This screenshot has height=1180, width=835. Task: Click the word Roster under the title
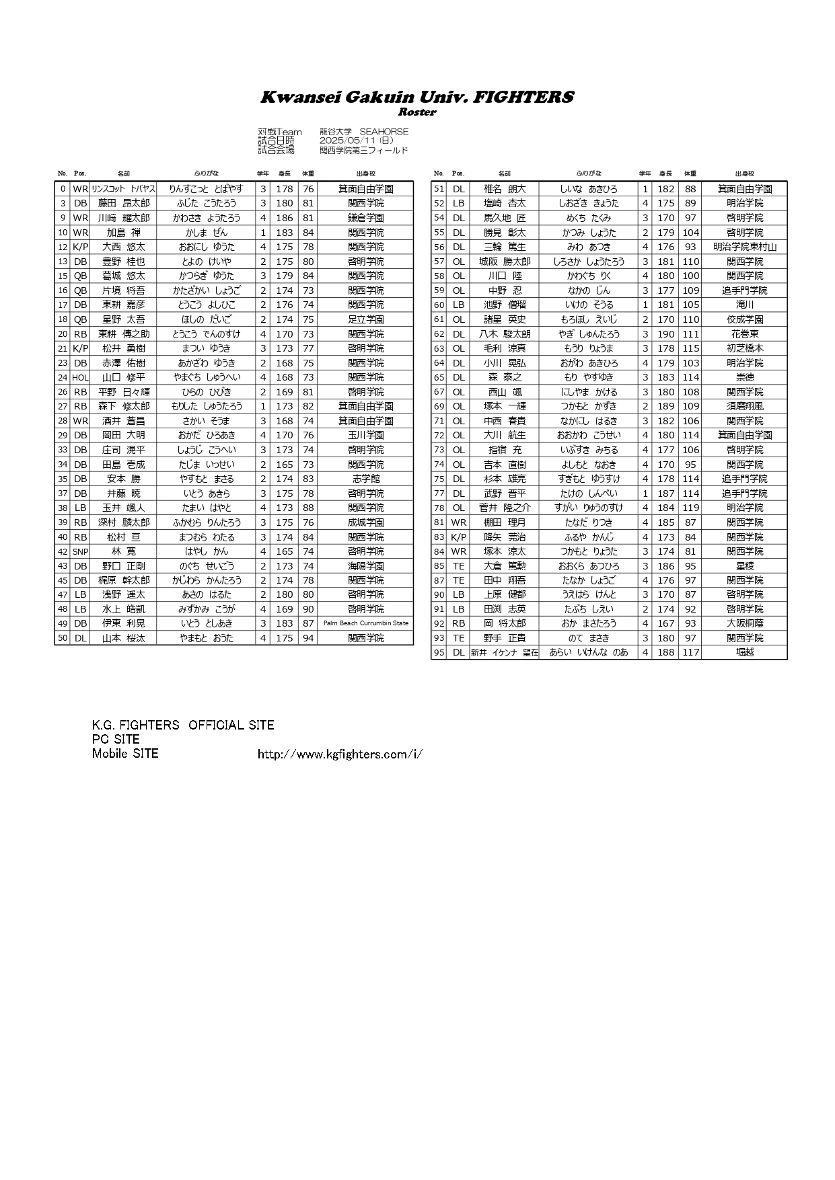(x=417, y=112)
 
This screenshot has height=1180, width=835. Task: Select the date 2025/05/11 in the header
(x=348, y=141)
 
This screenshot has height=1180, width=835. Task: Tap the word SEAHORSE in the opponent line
(x=384, y=132)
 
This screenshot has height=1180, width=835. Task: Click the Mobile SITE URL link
(x=340, y=754)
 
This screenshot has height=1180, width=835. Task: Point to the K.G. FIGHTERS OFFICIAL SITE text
(x=183, y=725)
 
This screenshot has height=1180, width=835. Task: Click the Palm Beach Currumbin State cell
(x=365, y=623)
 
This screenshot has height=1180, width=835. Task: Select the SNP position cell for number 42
(x=80, y=551)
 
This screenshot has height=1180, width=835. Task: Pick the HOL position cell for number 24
(x=80, y=378)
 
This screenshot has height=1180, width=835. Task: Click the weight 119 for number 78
(x=690, y=508)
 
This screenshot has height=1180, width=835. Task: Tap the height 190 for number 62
(x=665, y=334)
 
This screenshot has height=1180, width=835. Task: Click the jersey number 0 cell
(x=63, y=189)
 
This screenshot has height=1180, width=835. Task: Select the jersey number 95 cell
(x=439, y=652)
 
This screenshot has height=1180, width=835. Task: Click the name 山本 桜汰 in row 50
(x=123, y=638)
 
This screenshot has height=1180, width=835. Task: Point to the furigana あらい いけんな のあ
(x=588, y=652)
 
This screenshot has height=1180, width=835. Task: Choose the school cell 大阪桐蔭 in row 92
(x=744, y=623)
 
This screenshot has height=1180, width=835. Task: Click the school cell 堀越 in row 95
(x=744, y=652)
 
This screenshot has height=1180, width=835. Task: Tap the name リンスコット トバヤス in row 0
(x=123, y=189)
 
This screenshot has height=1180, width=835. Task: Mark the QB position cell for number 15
(x=80, y=276)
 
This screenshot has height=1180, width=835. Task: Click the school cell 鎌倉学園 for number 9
(x=365, y=218)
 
